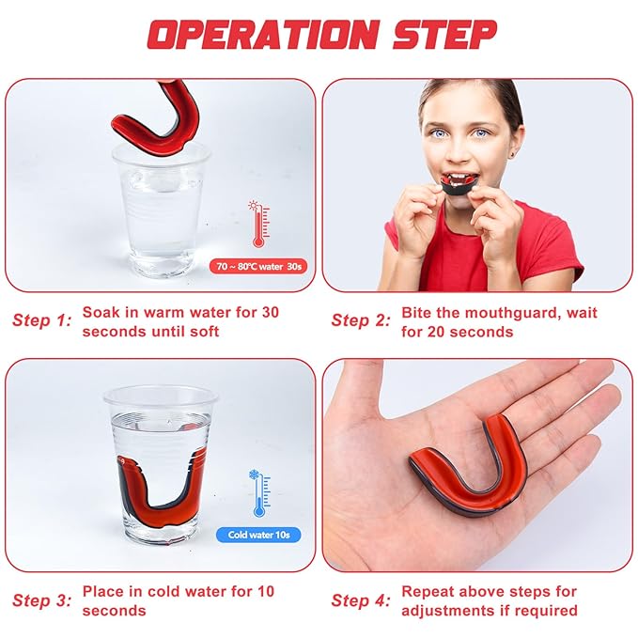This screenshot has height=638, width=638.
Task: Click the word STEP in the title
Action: pos(445,35)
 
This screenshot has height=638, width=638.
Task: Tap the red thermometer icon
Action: pos(259,224)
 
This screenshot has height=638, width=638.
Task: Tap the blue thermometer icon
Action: pos(259,492)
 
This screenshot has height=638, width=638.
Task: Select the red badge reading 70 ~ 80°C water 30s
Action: pos(258,267)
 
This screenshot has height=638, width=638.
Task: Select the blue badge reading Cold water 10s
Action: pos(258,535)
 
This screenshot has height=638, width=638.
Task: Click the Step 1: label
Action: pos(42,320)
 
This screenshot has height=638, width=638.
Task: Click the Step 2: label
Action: pos(361,320)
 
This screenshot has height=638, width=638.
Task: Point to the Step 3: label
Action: pos(42,600)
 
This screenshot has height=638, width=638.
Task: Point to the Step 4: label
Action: pos(361,600)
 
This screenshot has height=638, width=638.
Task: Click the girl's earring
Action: pos(517,155)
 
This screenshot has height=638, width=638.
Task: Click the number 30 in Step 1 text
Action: pos(271,312)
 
